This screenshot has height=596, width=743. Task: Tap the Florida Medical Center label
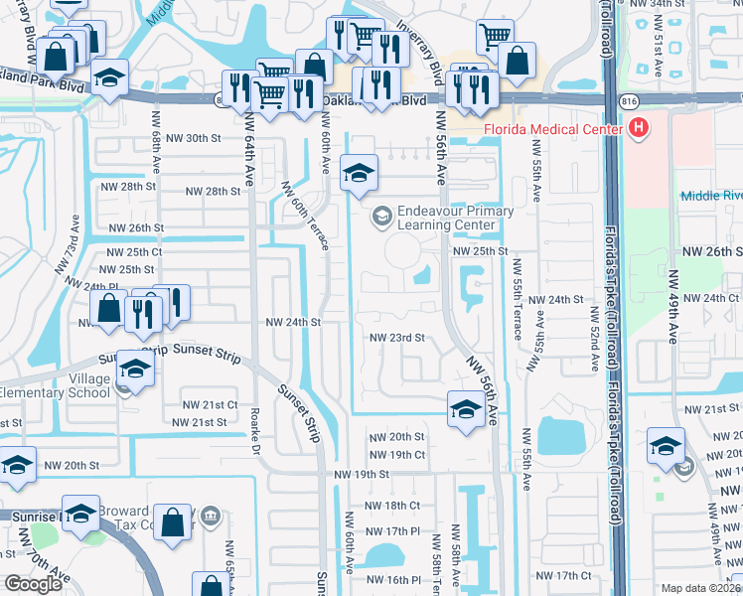pyautogui.click(x=551, y=130)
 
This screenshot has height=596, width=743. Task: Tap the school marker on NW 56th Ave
pyautogui.click(x=466, y=408)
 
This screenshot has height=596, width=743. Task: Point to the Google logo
pyautogui.click(x=33, y=584)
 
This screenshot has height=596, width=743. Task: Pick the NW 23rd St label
pyautogui.click(x=397, y=338)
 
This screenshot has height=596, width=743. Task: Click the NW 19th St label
pyautogui.click(x=362, y=475)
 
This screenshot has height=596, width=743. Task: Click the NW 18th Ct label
pyautogui.click(x=401, y=507)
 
